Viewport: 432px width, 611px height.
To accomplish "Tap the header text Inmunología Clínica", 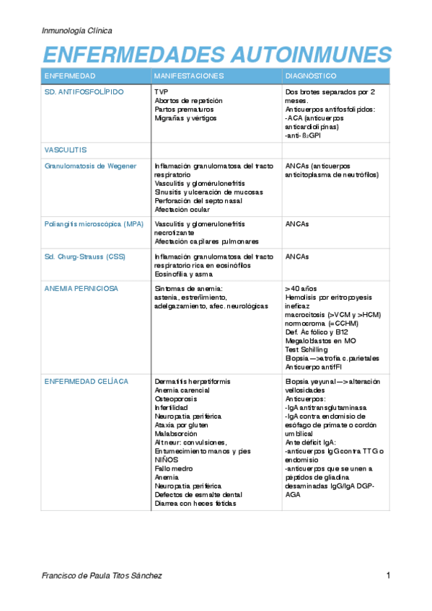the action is tap(77, 31).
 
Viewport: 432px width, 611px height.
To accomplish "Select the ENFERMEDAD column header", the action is tap(70, 76).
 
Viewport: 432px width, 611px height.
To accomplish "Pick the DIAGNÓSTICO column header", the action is tap(311, 76).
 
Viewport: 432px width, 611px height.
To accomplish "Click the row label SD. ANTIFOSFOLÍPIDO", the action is tap(84, 92).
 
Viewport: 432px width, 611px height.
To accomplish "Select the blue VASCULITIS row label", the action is tap(66, 150).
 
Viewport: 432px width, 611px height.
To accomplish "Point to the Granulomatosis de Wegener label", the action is tap(90, 166).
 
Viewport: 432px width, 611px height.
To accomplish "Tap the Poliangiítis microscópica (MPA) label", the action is tap(94, 224).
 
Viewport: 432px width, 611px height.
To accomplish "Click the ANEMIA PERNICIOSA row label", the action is tap(81, 288).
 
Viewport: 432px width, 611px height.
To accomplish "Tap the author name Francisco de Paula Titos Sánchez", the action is tap(102, 576).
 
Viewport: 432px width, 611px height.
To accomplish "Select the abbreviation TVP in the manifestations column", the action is tap(162, 92).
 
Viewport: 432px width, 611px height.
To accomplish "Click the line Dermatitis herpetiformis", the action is tap(190, 380).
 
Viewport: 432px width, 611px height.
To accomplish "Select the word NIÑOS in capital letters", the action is tap(167, 460).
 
